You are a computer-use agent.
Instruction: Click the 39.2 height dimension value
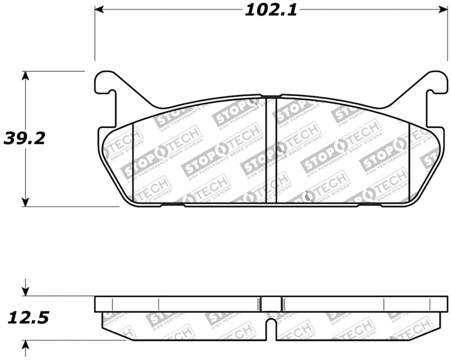24,138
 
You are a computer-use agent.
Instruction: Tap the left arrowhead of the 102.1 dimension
99,10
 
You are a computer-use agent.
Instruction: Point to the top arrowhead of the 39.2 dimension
25,76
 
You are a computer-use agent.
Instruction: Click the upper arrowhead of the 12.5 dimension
25,292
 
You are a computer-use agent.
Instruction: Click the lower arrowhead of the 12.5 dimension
25,344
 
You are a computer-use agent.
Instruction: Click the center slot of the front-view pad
271,150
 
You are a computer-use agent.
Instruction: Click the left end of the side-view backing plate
97,304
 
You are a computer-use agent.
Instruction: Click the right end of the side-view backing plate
445,304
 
